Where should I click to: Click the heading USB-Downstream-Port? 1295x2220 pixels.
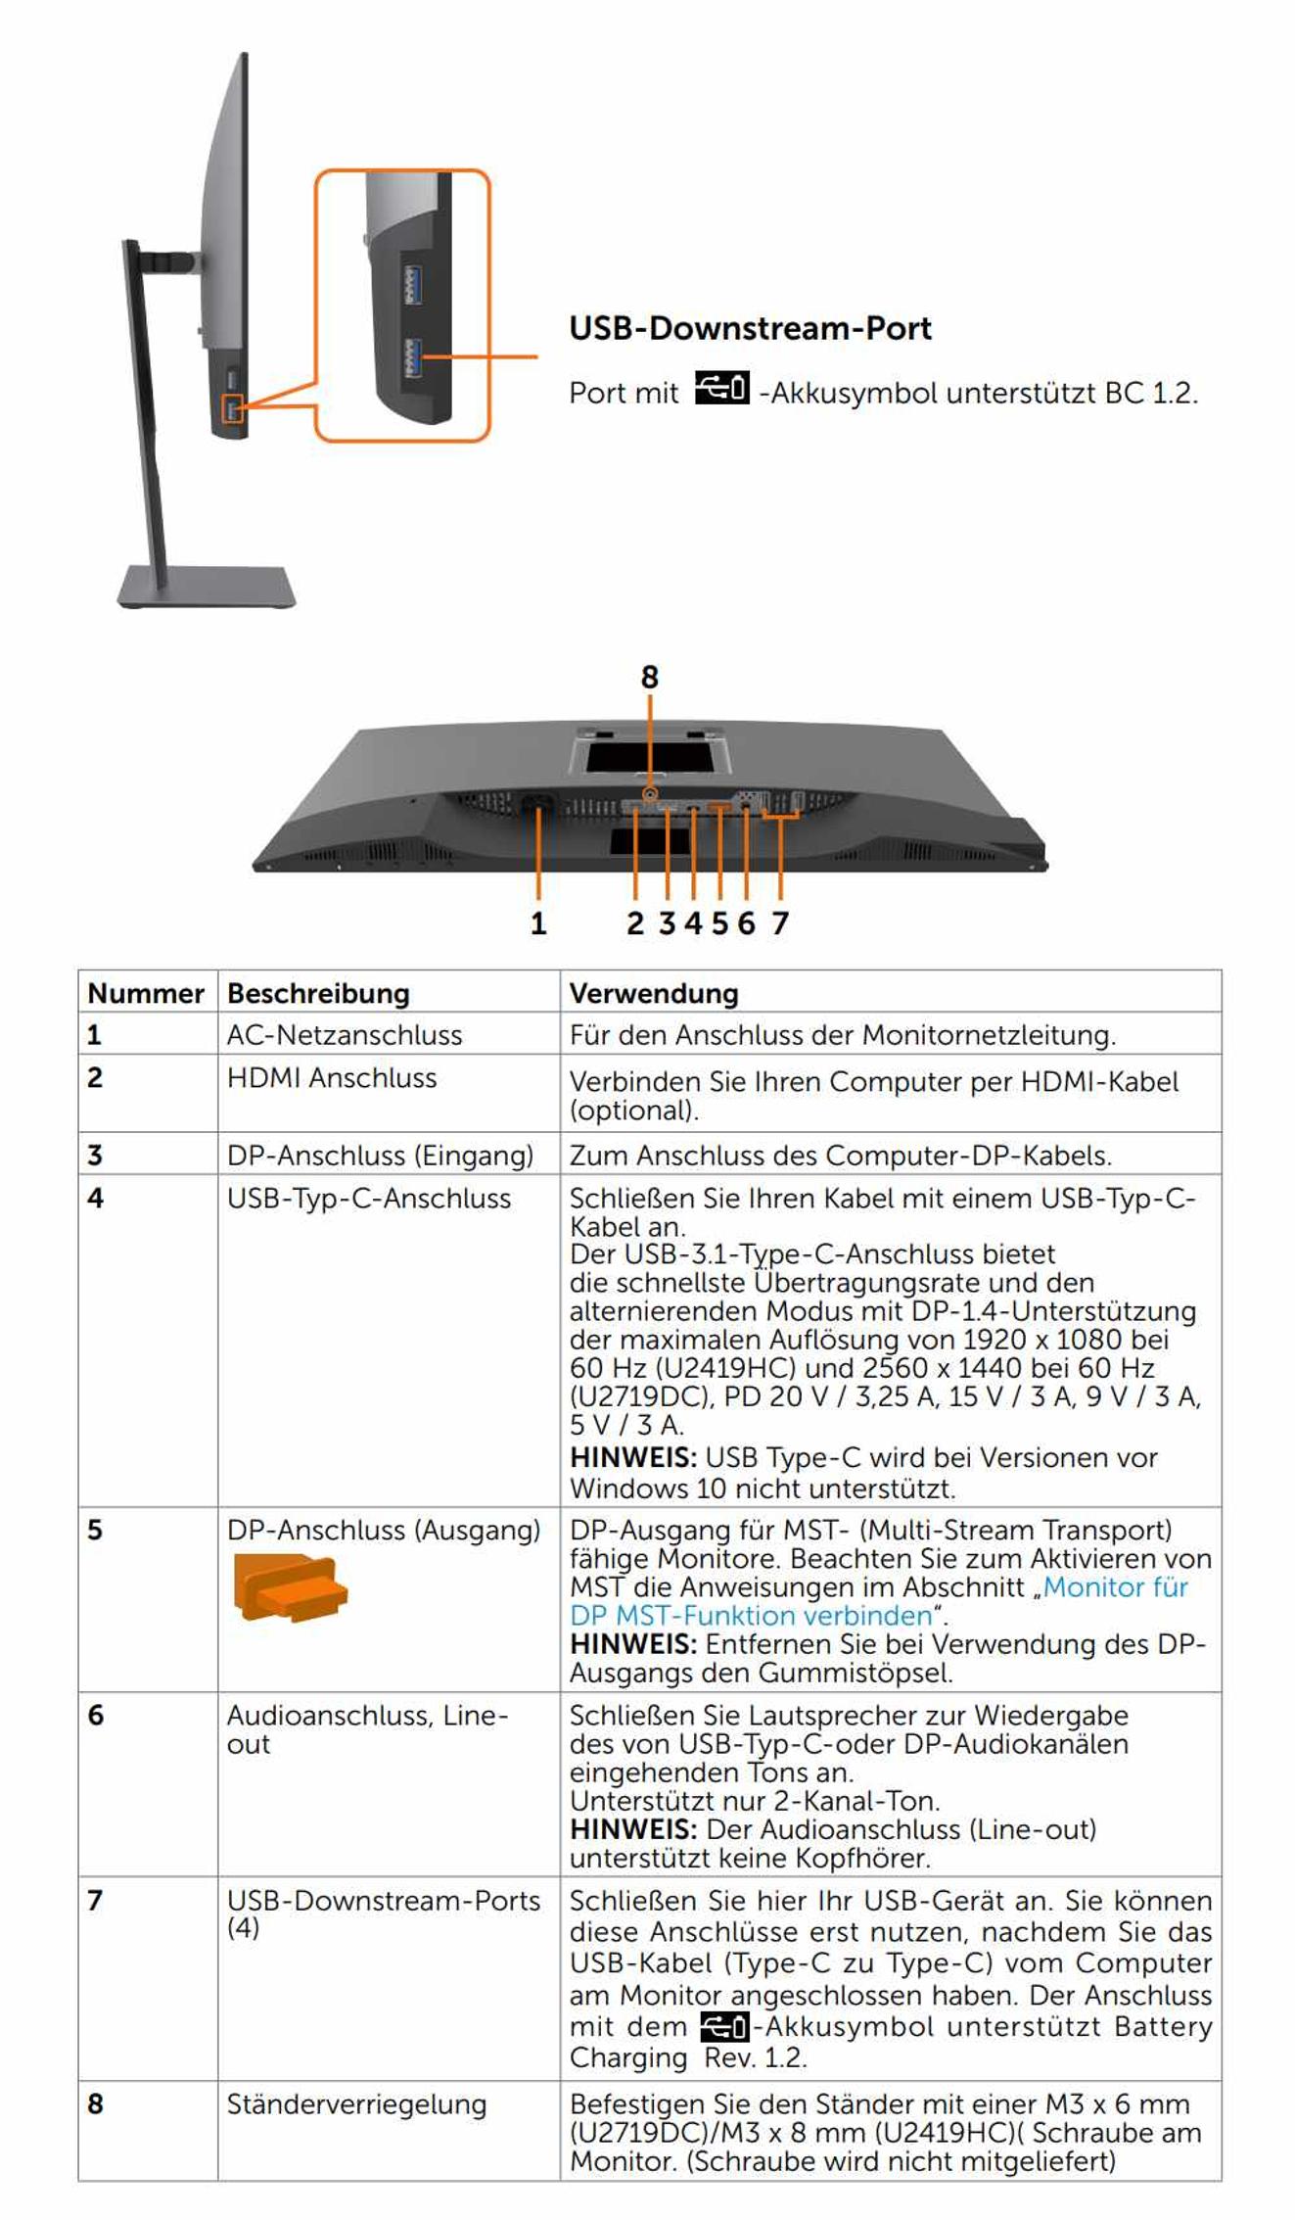[750, 328]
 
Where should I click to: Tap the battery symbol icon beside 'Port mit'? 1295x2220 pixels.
[721, 388]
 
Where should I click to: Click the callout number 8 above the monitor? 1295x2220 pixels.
[650, 677]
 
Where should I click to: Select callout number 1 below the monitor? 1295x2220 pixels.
[537, 922]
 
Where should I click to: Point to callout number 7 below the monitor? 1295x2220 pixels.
[780, 922]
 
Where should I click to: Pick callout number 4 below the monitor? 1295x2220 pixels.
[693, 922]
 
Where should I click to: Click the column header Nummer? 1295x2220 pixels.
[146, 993]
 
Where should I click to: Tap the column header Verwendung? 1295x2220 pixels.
[654, 993]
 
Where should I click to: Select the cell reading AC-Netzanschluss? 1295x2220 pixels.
[345, 1035]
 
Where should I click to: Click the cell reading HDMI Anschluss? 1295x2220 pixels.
[332, 1078]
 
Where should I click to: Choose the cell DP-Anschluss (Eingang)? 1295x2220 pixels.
[380, 1156]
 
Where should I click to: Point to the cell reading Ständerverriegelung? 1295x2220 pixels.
[356, 2104]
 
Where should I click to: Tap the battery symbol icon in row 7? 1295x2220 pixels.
[724, 2026]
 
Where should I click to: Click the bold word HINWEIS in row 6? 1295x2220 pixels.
[632, 1829]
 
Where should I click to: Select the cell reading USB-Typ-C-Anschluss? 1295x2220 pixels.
[369, 1199]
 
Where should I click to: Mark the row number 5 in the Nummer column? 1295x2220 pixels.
[95, 1531]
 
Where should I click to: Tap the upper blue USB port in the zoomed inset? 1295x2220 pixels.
[412, 285]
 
